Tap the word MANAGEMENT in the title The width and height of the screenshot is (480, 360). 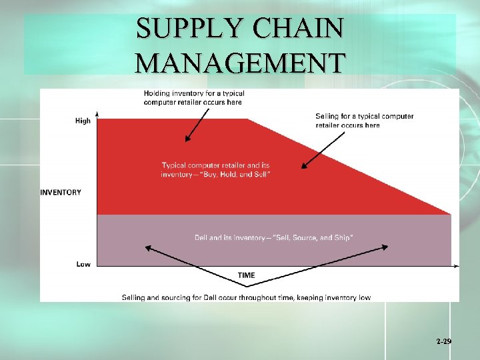tap(240, 63)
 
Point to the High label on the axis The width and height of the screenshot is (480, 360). tap(83, 121)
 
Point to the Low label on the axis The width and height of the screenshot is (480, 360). tap(83, 264)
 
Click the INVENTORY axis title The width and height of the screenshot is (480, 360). tap(61, 192)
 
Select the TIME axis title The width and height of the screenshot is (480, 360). tap(246, 275)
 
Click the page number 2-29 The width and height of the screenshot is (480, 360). tap(444, 341)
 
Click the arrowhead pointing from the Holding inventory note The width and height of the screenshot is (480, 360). tap(187, 139)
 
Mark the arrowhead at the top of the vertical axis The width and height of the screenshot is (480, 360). tap(97, 113)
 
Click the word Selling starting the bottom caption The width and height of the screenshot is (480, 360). tap(134, 297)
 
